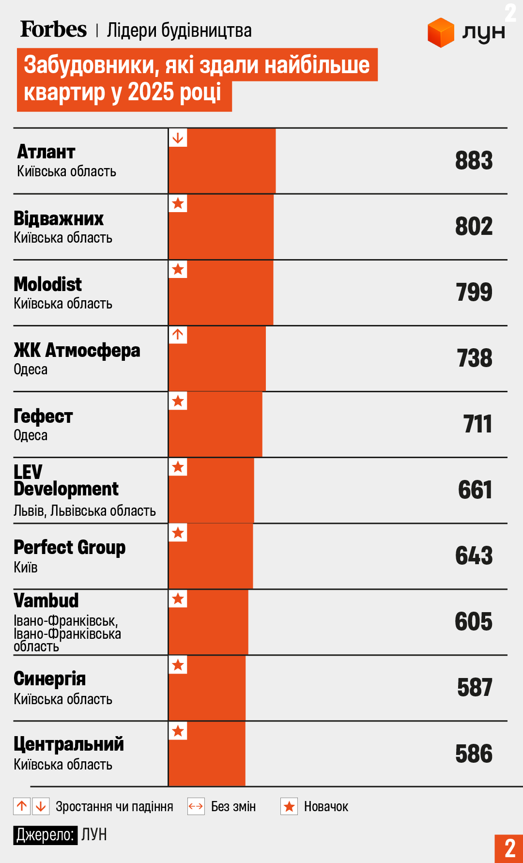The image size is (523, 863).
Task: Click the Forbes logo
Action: coord(53,30)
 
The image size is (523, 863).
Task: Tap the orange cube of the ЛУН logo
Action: coord(441,32)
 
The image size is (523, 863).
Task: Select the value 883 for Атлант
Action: coord(474,161)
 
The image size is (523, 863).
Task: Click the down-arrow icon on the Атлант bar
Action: coord(178,138)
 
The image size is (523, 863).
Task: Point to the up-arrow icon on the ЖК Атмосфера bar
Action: coord(178,335)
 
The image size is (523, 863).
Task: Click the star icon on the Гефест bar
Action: coord(178,401)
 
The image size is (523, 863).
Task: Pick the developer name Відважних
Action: coord(59,219)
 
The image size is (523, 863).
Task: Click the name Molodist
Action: coord(47,284)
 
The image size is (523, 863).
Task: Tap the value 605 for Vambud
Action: coord(474,622)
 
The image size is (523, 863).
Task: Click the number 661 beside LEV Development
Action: coord(475,490)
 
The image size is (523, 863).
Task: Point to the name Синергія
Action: coord(49,679)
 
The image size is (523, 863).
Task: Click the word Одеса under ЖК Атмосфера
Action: coord(31,370)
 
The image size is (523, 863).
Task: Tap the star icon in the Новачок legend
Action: coord(289,806)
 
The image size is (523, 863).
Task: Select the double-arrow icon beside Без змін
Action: coord(196,806)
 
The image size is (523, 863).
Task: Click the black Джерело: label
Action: coord(45,835)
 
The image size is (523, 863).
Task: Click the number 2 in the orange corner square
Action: coord(509,848)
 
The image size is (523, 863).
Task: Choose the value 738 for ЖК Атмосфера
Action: coord(475,358)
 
